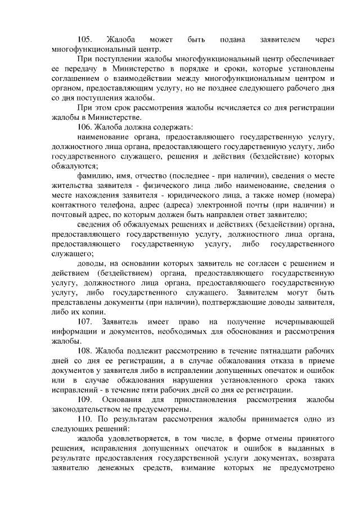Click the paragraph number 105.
click(x=85, y=39)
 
